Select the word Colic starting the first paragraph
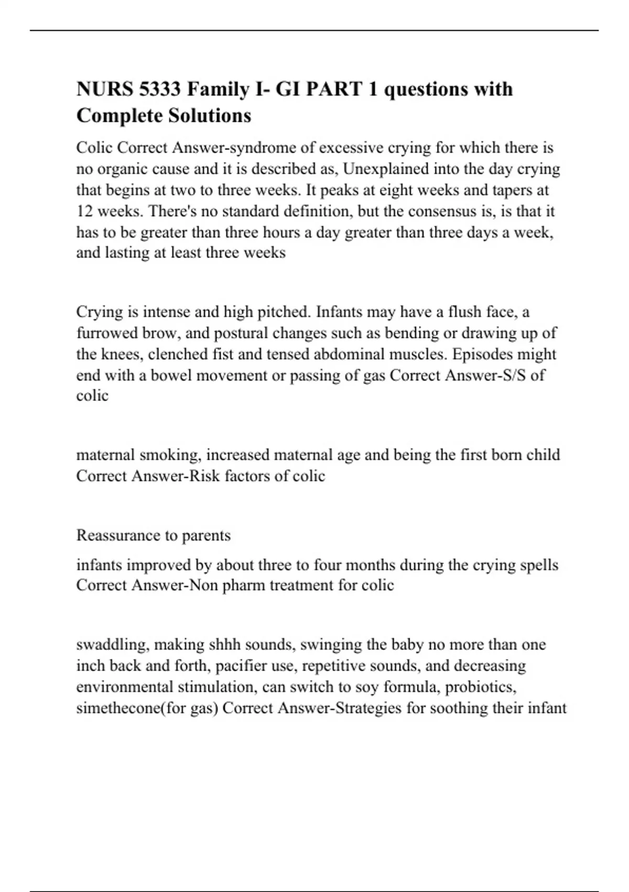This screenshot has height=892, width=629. tap(94, 148)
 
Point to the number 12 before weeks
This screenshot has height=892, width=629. tap(84, 211)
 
